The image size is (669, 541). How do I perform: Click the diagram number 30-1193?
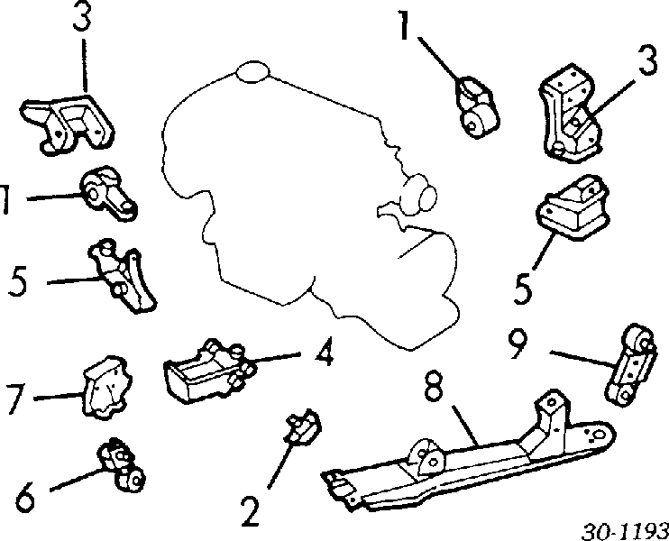[x=625, y=532]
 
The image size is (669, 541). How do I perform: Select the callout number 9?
[x=518, y=343]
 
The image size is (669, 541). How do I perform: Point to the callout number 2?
[x=251, y=511]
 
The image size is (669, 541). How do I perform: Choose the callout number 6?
[x=25, y=499]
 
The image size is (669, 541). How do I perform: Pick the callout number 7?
[x=16, y=399]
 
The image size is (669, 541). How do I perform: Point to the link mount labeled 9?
[x=630, y=366]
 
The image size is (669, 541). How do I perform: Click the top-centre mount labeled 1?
[x=478, y=107]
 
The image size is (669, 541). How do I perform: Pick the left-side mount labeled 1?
[x=109, y=193]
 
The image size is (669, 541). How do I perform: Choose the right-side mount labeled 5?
[x=572, y=207]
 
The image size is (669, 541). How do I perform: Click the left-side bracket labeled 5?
[x=122, y=276]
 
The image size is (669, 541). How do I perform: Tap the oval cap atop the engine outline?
[x=253, y=71]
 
